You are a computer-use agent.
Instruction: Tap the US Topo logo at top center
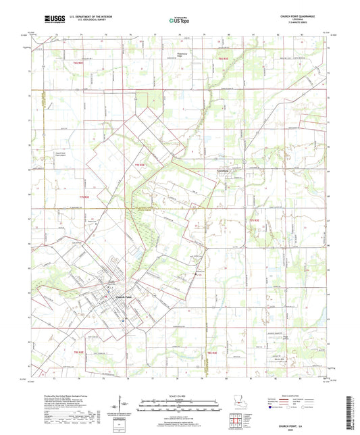(x=179, y=21)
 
